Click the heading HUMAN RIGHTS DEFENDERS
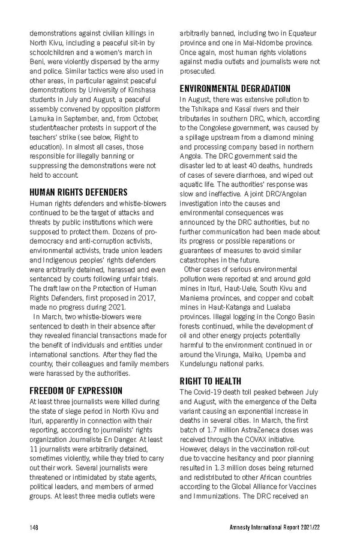78,192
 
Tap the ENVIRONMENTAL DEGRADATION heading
235,88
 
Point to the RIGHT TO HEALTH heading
211,381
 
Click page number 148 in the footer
34,527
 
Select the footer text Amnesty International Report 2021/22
275,527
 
